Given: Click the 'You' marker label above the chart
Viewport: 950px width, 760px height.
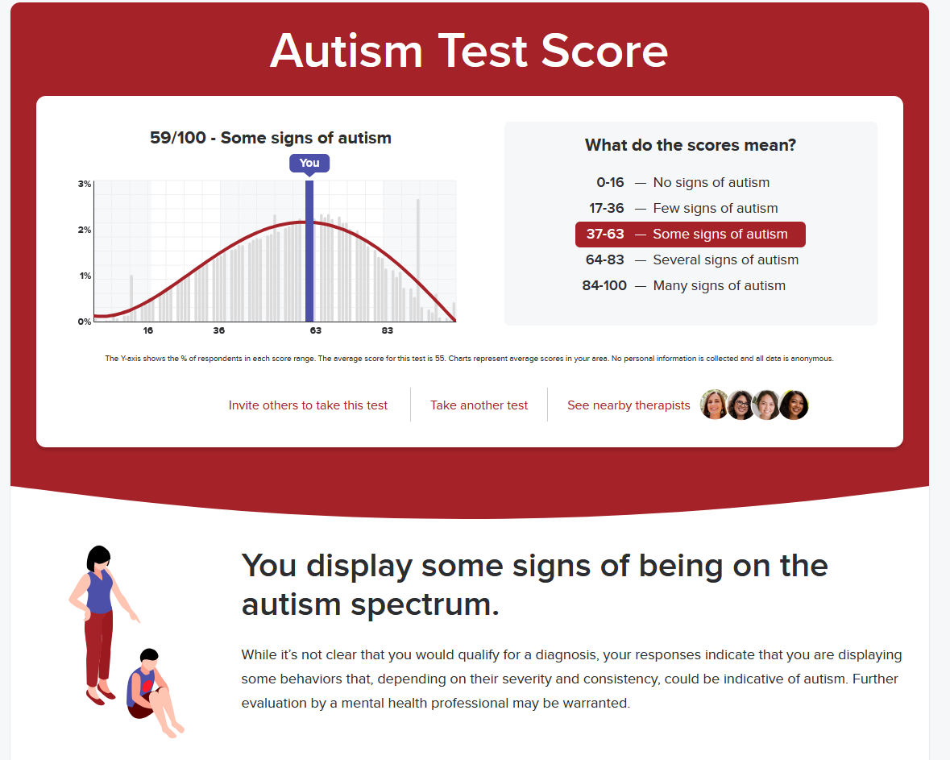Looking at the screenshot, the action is click(309, 163).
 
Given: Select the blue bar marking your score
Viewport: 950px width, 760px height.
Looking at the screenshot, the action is click(309, 251).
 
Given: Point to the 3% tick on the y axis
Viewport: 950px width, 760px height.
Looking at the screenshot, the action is click(85, 184).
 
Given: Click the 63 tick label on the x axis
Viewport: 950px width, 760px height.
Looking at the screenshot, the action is click(316, 330).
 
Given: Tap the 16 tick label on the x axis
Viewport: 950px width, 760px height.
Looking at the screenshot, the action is click(147, 330).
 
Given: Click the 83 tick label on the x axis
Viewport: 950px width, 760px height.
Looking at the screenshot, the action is click(387, 330).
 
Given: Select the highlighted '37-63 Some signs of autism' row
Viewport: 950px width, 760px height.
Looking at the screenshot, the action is click(690, 235).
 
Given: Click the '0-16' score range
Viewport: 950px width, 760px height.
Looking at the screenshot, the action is click(610, 182).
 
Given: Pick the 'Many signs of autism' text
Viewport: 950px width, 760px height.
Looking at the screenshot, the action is click(720, 285).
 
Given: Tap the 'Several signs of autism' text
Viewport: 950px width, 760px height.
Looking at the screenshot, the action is click(726, 260).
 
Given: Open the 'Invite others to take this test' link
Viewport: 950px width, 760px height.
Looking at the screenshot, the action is click(308, 405).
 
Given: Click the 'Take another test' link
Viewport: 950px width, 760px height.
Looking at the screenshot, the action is click(479, 405).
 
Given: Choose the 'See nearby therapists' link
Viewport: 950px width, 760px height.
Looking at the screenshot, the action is click(628, 405).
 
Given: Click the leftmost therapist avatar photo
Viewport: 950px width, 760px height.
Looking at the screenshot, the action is click(715, 405).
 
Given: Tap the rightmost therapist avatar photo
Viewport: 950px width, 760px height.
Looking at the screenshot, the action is click(794, 405).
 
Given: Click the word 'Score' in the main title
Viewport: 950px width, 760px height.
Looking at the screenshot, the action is click(604, 51).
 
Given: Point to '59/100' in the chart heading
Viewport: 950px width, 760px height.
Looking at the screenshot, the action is click(178, 138).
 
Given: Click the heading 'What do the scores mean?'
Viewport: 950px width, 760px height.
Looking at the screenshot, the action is click(690, 145).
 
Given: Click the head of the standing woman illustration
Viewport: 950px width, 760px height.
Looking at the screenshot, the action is click(98, 559).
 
